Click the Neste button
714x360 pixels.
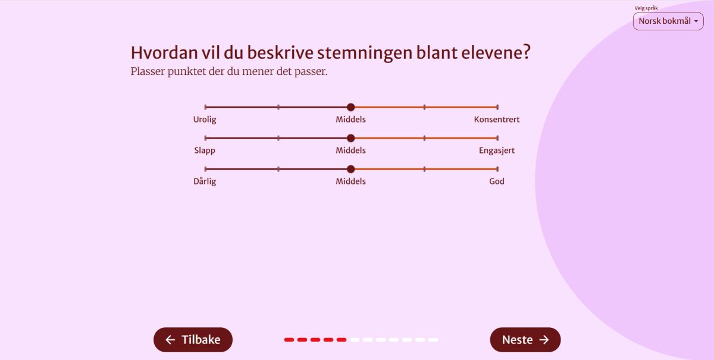tap(525, 340)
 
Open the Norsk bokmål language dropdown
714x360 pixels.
tap(668, 21)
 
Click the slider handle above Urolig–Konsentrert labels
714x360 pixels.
tap(350, 107)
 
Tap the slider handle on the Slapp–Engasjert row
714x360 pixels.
tap(350, 138)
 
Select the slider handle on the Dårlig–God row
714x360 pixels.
tap(350, 169)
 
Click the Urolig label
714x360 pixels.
tap(205, 120)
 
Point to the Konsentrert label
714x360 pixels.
tap(497, 119)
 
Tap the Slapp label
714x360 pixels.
tap(205, 151)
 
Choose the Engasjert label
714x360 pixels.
tap(497, 151)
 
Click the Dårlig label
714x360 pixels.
tap(205, 181)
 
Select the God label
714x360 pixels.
tap(497, 181)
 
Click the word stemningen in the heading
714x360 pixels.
tap(365, 53)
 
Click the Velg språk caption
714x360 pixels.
tap(646, 8)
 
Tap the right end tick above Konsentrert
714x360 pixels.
tap(497, 107)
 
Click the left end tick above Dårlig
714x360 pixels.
tap(205, 169)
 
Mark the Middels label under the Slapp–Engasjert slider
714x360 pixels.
tap(350, 150)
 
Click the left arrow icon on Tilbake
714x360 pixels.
tap(170, 340)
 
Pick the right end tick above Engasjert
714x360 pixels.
tap(497, 138)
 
